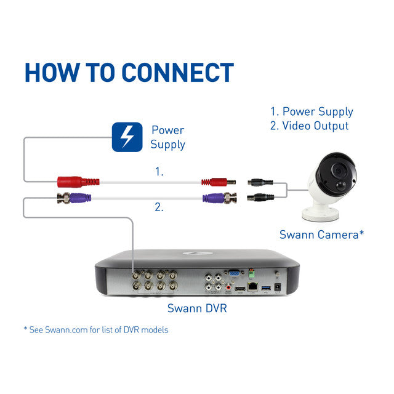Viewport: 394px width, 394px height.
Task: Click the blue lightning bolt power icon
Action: coord(126,137)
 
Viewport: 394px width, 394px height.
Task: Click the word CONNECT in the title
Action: coord(177,72)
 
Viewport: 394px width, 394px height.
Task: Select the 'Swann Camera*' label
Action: coord(321,235)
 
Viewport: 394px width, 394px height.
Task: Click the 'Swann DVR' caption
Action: coord(197,308)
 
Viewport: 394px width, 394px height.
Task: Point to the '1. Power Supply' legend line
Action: coord(312,111)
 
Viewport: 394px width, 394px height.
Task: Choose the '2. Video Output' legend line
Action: coord(310,126)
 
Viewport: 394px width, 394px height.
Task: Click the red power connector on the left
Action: coord(78,182)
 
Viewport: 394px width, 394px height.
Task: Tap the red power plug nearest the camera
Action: coord(219,182)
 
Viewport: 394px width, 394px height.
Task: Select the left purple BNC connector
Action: coord(74,198)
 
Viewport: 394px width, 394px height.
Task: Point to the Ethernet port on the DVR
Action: coord(252,286)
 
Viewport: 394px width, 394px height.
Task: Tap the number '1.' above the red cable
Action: coord(159,172)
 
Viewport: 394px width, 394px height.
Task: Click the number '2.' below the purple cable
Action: coord(159,208)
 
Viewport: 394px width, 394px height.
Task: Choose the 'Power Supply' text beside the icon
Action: coord(167,137)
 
